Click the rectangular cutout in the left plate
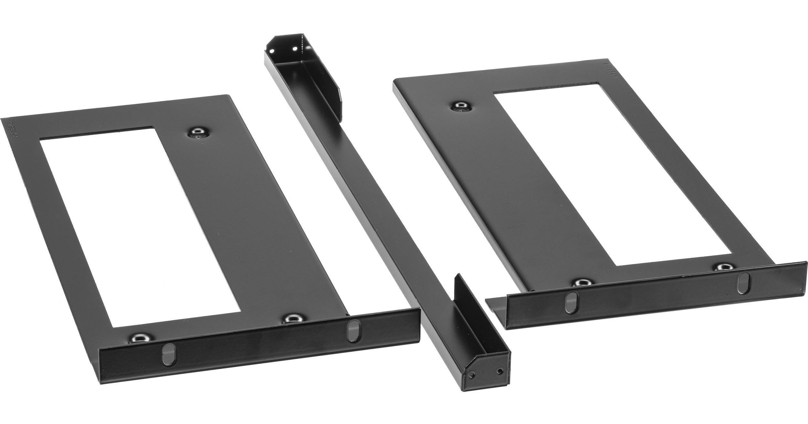(139, 226)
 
